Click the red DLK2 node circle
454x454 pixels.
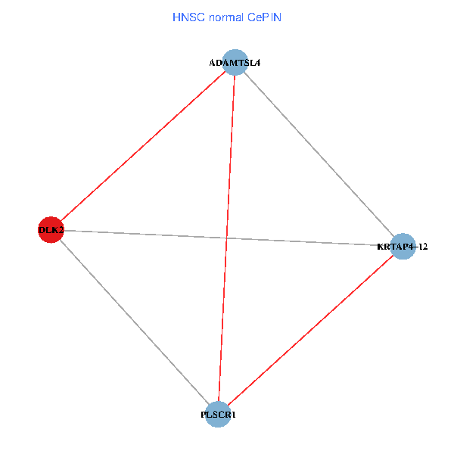[50, 229]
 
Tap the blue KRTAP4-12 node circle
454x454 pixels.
[403, 246]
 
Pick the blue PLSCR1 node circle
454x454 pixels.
[218, 414]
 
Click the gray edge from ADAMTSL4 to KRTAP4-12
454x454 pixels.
[319, 154]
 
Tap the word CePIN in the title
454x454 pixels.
[264, 17]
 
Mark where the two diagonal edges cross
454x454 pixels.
[226, 238]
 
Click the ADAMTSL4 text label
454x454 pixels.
[235, 63]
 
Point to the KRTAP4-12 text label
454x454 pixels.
[402, 247]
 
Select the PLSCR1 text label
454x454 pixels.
[218, 415]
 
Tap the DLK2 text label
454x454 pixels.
[51, 230]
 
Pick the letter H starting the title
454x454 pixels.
[176, 17]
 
